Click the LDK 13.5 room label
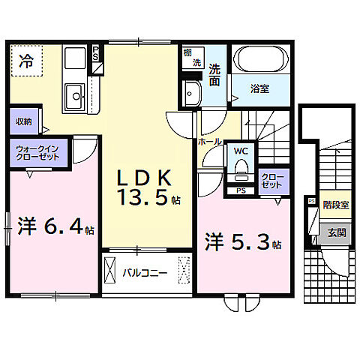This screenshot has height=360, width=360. pyautogui.click(x=147, y=187)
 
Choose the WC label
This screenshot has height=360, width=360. pyautogui.click(x=241, y=151)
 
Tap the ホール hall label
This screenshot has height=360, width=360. pyautogui.click(x=208, y=140)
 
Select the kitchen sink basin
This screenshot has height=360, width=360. pyautogui.click(x=75, y=95)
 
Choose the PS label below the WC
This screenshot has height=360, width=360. pyautogui.click(x=240, y=189)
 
